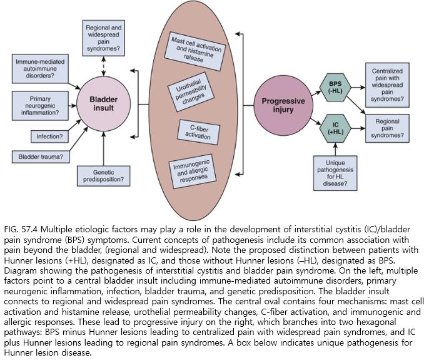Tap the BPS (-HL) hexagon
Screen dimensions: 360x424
point(336,87)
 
